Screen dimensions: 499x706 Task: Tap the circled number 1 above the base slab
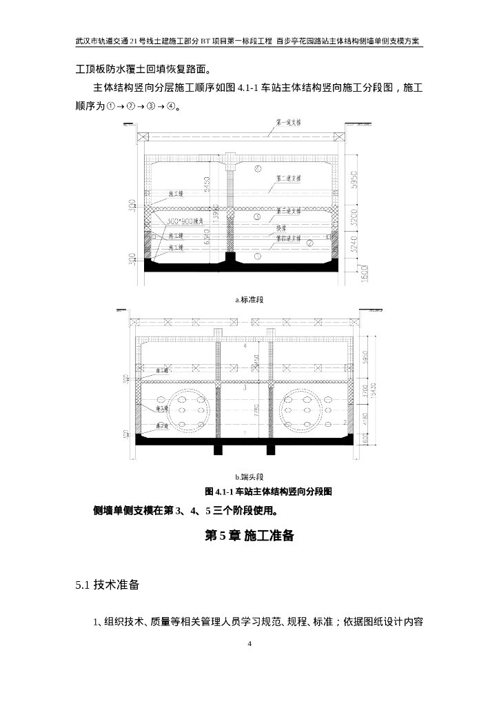click(257, 256)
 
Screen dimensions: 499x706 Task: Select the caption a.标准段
click(250, 299)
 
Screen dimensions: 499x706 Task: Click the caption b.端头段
click(250, 476)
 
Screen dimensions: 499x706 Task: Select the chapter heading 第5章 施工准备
click(250, 536)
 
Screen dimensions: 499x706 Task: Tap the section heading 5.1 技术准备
click(108, 585)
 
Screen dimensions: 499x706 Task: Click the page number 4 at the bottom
click(250, 644)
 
